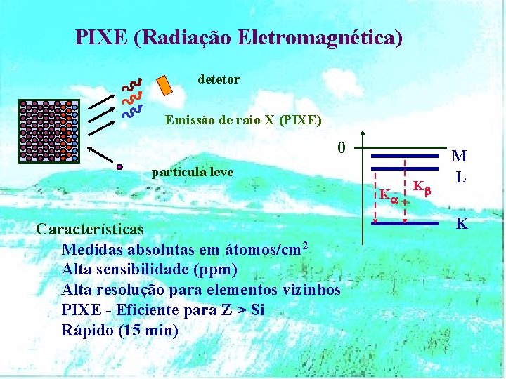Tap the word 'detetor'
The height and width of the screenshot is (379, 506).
(219, 80)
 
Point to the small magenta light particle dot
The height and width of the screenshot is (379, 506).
(120, 167)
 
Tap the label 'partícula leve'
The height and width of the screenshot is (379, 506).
(193, 173)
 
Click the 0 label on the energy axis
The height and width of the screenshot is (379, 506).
(341, 148)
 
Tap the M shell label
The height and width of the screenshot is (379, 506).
(460, 157)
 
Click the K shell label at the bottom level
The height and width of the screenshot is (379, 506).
(462, 224)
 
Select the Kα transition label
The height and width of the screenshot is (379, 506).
(389, 194)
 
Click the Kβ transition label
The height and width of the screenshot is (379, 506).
(421, 187)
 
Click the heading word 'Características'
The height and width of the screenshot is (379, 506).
(89, 230)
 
